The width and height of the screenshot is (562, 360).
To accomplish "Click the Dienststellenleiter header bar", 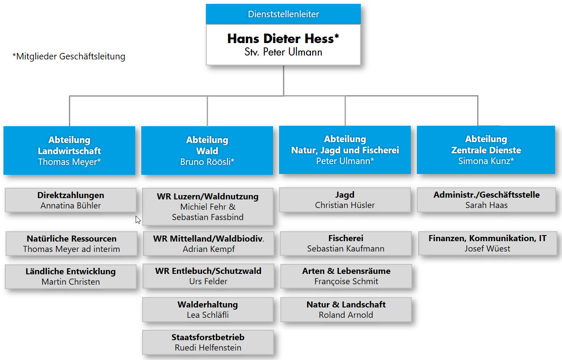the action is pos(283,14).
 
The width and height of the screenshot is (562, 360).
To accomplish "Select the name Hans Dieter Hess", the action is pos(281,39).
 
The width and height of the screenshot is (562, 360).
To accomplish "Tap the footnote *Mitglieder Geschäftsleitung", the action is pos(69,56).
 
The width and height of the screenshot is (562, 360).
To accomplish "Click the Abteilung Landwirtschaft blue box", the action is pos(69,150).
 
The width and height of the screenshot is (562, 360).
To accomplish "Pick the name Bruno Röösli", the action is pos(205,162).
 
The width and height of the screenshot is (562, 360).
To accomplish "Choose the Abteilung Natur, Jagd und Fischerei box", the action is pos(345,150).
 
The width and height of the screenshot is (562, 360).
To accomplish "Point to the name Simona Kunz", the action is pos(484,161).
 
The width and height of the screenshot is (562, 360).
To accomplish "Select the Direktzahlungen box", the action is pos(71,200).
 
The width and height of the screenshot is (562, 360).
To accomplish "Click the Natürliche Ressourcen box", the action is pos(71,244).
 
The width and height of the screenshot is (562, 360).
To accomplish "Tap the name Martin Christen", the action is pos(71,282).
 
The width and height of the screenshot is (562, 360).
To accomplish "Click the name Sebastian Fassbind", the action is pos(208,217).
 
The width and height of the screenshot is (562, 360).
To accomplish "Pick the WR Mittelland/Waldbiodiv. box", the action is pos(208,244).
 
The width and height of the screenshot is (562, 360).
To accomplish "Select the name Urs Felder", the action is pos(208,281).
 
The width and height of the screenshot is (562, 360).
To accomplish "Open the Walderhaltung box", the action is pos(208,310).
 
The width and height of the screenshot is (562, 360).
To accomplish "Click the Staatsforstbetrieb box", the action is pos(208,342).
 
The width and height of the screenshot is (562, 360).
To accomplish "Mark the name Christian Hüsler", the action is pos(345,205).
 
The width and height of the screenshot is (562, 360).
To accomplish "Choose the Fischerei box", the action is pos(346,243).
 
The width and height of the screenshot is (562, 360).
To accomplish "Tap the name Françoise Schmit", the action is pos(346,281).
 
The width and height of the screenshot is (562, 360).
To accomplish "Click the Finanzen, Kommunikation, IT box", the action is pos(487,243).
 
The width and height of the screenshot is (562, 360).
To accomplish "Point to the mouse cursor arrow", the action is pos(138,220).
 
